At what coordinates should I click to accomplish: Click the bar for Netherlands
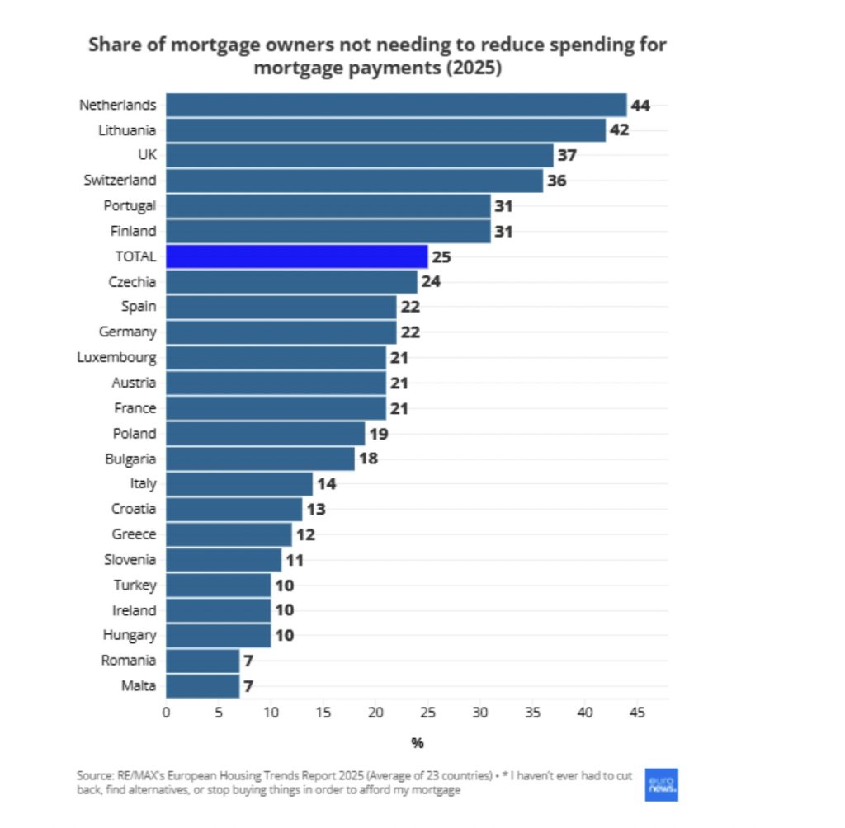[396, 105]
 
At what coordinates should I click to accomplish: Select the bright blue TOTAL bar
[297, 256]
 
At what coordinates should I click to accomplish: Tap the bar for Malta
[203, 686]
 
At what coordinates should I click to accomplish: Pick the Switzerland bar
[355, 181]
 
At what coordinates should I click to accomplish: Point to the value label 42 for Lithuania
[619, 130]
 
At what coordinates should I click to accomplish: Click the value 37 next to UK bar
[567, 155]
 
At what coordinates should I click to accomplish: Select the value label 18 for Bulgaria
[368, 459]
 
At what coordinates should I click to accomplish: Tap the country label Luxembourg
[116, 358]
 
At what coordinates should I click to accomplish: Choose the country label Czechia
[132, 282]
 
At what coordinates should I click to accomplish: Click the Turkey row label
[135, 586]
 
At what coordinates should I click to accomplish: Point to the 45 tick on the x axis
[638, 711]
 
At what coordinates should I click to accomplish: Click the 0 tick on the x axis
[167, 711]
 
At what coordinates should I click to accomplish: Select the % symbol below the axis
[418, 744]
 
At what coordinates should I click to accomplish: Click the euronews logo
[661, 785]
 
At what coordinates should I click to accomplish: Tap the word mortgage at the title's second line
[299, 68]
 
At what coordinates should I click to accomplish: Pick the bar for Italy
[239, 484]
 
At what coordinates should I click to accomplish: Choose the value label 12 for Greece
[305, 534]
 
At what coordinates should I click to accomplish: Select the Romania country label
[128, 661]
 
